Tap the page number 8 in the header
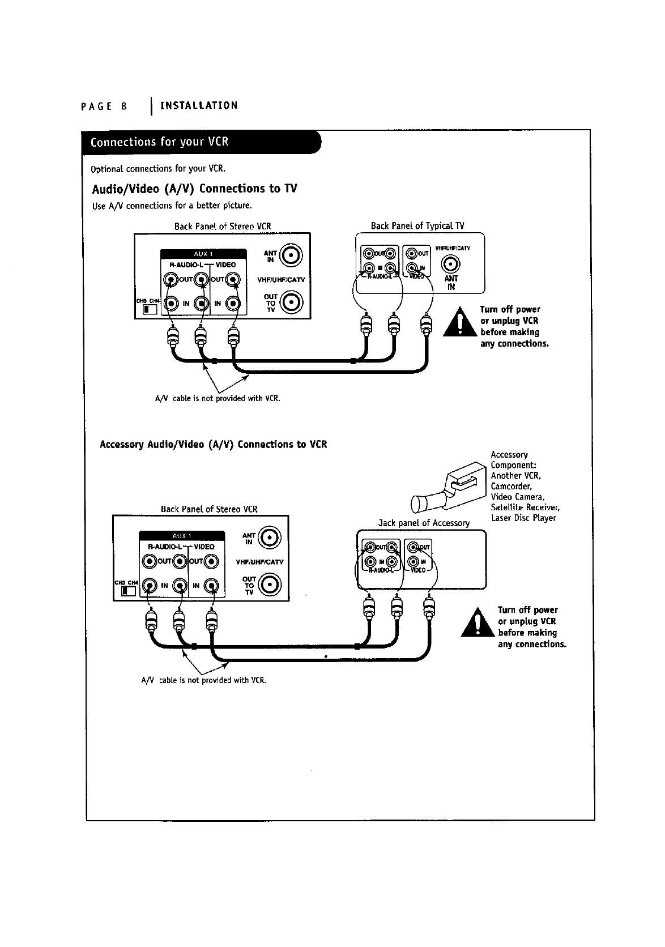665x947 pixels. coord(123,106)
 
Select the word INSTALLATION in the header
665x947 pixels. coord(199,106)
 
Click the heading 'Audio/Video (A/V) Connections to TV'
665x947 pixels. coord(194,189)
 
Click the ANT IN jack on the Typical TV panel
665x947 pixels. coord(451,264)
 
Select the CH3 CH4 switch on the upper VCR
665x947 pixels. coord(149,309)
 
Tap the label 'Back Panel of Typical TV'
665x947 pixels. coord(417,226)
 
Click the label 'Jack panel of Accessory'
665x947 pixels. coord(424,523)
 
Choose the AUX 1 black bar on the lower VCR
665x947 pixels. coord(181,536)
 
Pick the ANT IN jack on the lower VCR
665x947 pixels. coord(269,539)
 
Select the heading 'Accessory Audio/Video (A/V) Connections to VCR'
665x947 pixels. coord(214,444)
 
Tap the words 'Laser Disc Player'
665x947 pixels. coord(523,518)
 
